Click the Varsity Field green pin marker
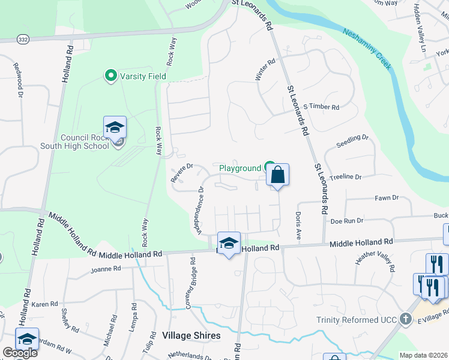110,76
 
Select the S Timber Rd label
321,107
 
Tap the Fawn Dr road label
386,198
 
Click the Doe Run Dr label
347,221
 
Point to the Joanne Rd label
106,269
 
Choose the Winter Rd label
264,70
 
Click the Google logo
20,353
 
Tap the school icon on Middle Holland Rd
229,243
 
